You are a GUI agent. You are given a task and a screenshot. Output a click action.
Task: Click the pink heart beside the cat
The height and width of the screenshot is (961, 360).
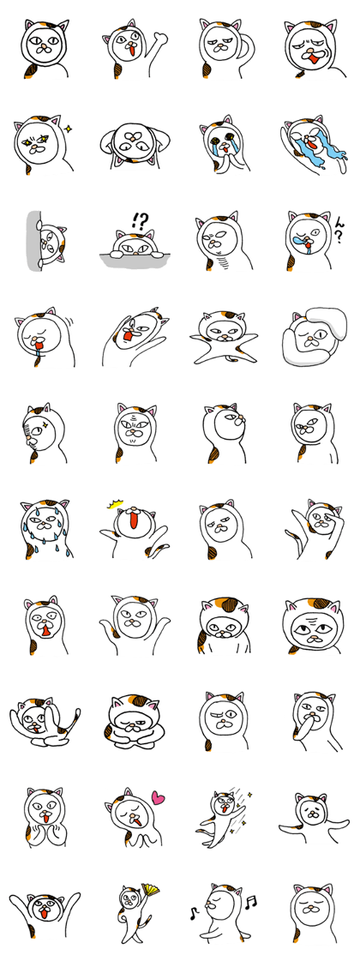pos(159,799)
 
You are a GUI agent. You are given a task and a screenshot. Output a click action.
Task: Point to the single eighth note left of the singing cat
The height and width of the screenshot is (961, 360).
pos(193,913)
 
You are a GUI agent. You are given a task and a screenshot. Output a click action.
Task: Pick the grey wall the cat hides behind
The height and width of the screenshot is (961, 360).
pos(33,241)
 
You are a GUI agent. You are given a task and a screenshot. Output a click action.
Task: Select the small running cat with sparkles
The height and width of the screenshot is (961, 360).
pos(221,817)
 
